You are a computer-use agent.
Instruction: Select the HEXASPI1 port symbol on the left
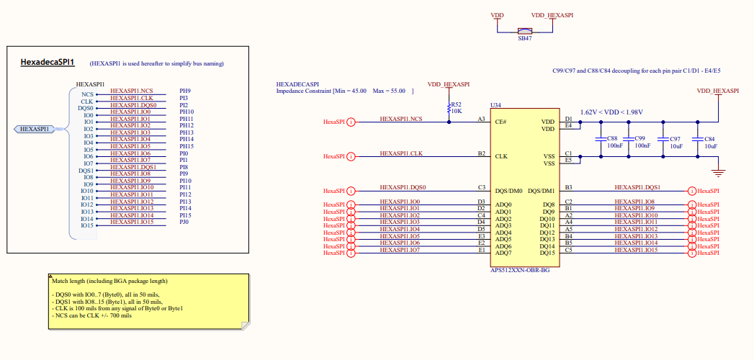coord(35,129)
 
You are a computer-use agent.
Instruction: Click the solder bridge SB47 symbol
coord(525,31)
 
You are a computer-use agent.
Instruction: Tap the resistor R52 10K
coord(449,109)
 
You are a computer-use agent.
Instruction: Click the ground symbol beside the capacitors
coord(717,171)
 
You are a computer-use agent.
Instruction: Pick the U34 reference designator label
coord(495,105)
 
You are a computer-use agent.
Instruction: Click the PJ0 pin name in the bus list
coord(184,222)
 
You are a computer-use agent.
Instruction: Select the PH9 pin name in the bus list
coord(184,91)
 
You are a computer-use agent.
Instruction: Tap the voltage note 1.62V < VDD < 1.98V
coord(611,112)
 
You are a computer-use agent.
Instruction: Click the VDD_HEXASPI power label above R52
coord(448,84)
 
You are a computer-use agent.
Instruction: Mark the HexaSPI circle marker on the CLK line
coord(351,156)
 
